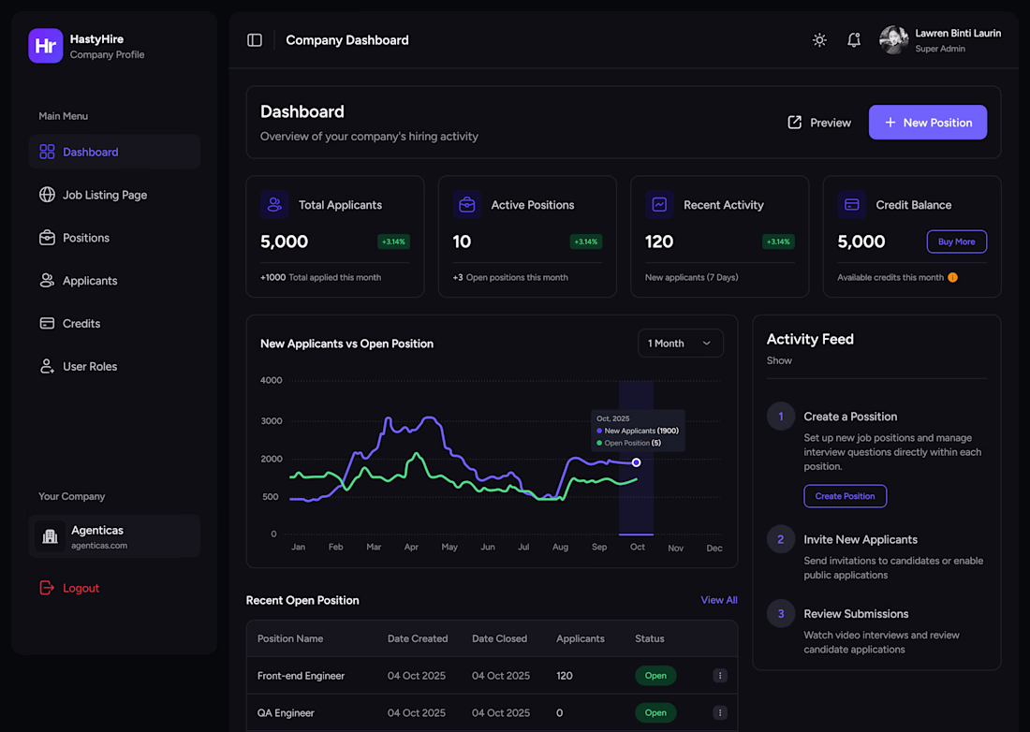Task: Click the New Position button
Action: [927, 123]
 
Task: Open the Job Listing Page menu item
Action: [105, 195]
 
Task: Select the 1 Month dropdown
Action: [680, 344]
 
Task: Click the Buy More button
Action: [956, 242]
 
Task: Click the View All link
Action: [718, 600]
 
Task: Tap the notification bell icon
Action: [853, 40]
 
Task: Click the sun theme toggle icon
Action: [819, 40]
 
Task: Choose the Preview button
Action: [819, 123]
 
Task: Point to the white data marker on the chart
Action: [637, 462]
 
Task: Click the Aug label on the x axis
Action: [560, 547]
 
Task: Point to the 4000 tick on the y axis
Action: [271, 380]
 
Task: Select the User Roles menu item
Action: [90, 366]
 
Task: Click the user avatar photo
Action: [893, 40]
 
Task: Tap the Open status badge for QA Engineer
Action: [655, 712]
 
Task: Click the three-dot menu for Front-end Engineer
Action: [719, 676]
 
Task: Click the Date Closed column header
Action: [499, 638]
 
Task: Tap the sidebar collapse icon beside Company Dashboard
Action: [255, 40]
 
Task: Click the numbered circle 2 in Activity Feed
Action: [781, 539]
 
